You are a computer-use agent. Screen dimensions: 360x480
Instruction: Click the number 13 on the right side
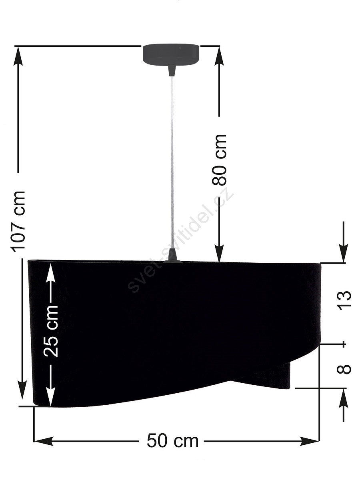click(344, 300)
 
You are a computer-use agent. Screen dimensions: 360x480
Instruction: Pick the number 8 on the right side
click(344, 370)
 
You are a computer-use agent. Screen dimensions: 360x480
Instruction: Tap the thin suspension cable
click(172, 162)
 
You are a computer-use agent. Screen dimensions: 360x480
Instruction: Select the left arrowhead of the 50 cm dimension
click(44, 441)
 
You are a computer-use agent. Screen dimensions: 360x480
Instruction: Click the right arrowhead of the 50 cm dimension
click(310, 441)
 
